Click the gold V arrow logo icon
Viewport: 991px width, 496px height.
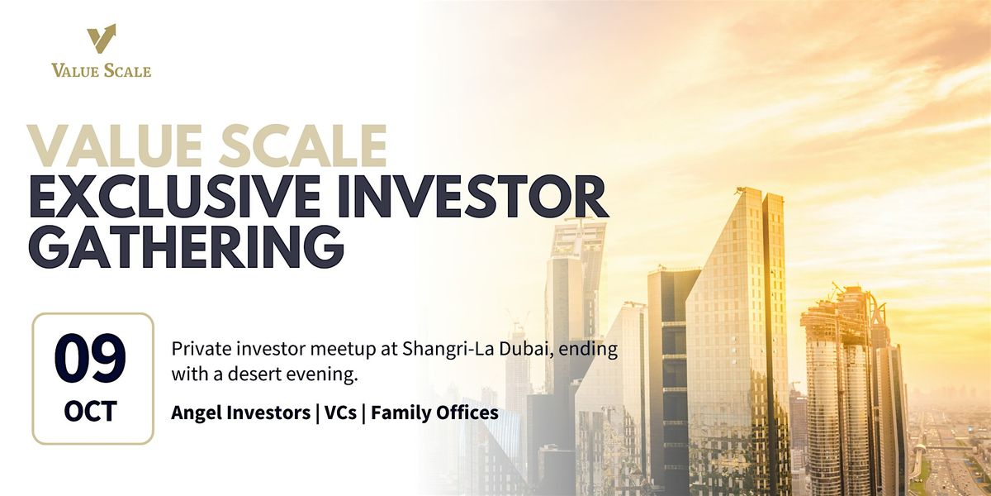pyautogui.click(x=101, y=39)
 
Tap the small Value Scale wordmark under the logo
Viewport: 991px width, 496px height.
pyautogui.click(x=101, y=70)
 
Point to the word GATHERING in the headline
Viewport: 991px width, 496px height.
pyautogui.click(x=187, y=246)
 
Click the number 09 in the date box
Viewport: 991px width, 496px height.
pyautogui.click(x=90, y=359)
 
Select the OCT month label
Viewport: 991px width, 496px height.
pyautogui.click(x=91, y=412)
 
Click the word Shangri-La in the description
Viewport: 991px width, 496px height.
pyautogui.click(x=448, y=350)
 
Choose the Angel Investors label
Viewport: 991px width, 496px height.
pyautogui.click(x=240, y=413)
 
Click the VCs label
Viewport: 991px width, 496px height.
pyautogui.click(x=340, y=413)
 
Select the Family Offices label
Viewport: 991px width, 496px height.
pyautogui.click(x=434, y=413)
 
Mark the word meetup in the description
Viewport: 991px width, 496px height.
pyautogui.click(x=343, y=350)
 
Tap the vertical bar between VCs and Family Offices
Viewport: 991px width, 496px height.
pyautogui.click(x=363, y=413)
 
